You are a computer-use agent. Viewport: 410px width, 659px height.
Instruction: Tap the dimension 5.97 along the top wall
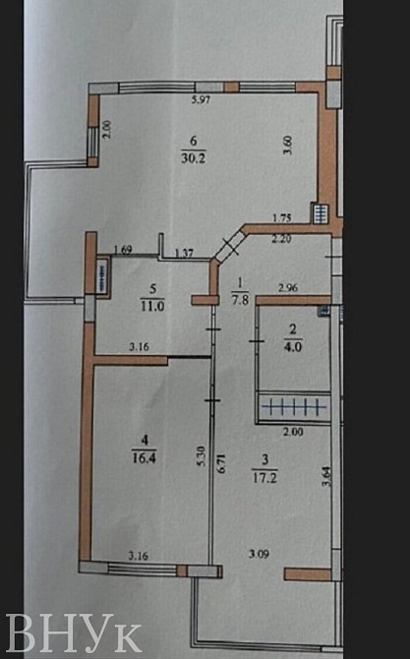click(x=202, y=100)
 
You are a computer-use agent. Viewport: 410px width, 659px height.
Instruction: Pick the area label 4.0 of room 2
click(x=291, y=345)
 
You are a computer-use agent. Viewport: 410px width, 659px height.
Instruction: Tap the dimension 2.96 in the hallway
click(x=287, y=288)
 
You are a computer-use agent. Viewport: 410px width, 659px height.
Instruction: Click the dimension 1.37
click(x=183, y=254)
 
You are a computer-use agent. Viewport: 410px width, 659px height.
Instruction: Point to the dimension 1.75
click(x=283, y=220)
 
